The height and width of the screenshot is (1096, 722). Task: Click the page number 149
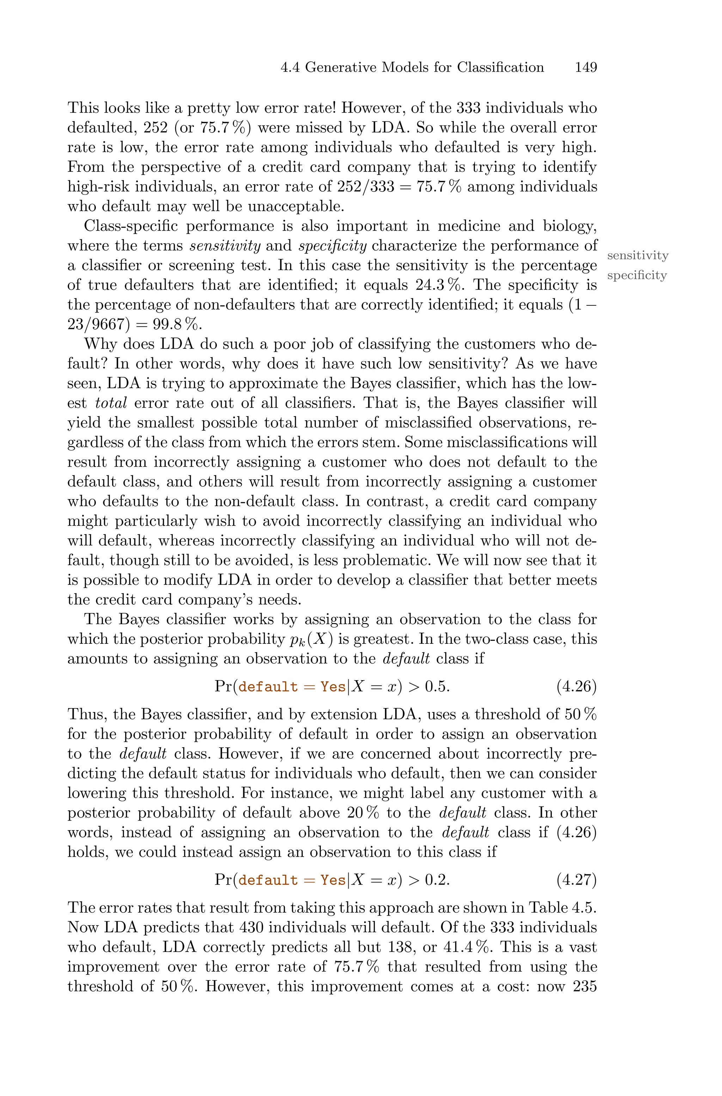click(586, 68)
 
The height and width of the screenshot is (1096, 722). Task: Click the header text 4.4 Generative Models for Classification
click(412, 68)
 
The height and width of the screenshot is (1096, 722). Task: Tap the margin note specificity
click(637, 276)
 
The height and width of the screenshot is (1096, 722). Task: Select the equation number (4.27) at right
click(576, 880)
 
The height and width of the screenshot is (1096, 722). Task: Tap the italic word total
click(110, 403)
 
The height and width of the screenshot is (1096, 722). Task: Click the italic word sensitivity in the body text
click(225, 246)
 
